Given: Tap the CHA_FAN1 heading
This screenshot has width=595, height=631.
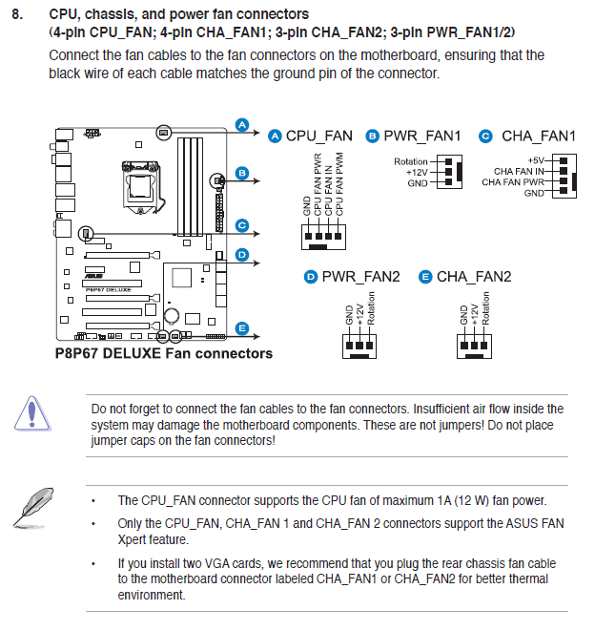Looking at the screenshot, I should pyautogui.click(x=538, y=137).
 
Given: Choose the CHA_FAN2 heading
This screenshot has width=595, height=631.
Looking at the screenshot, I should pyautogui.click(x=474, y=277).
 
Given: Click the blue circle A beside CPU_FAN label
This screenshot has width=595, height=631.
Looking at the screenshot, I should pyautogui.click(x=276, y=137).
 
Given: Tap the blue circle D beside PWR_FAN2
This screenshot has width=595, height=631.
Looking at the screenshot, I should pyautogui.click(x=310, y=277).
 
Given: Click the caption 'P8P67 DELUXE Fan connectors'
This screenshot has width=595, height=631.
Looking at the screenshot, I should pyautogui.click(x=163, y=353).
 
